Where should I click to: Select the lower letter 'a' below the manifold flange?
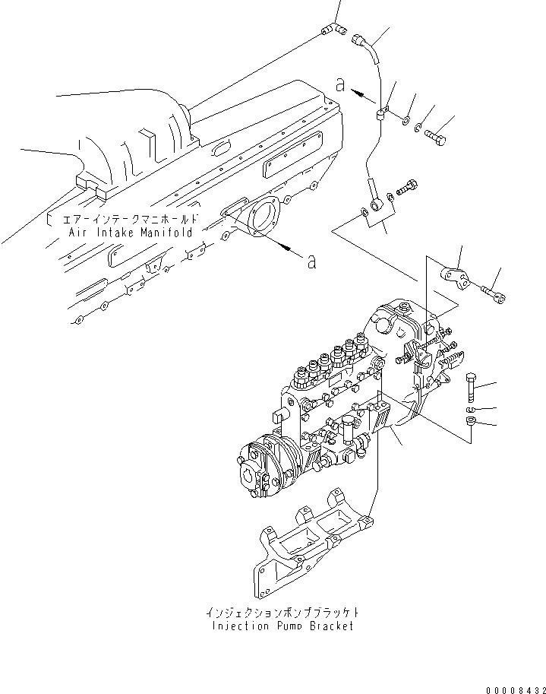coord(311,263)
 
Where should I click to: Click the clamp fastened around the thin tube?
coord(382,115)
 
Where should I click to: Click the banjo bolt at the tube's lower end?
coord(406,185)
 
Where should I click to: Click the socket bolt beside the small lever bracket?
coord(491,290)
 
